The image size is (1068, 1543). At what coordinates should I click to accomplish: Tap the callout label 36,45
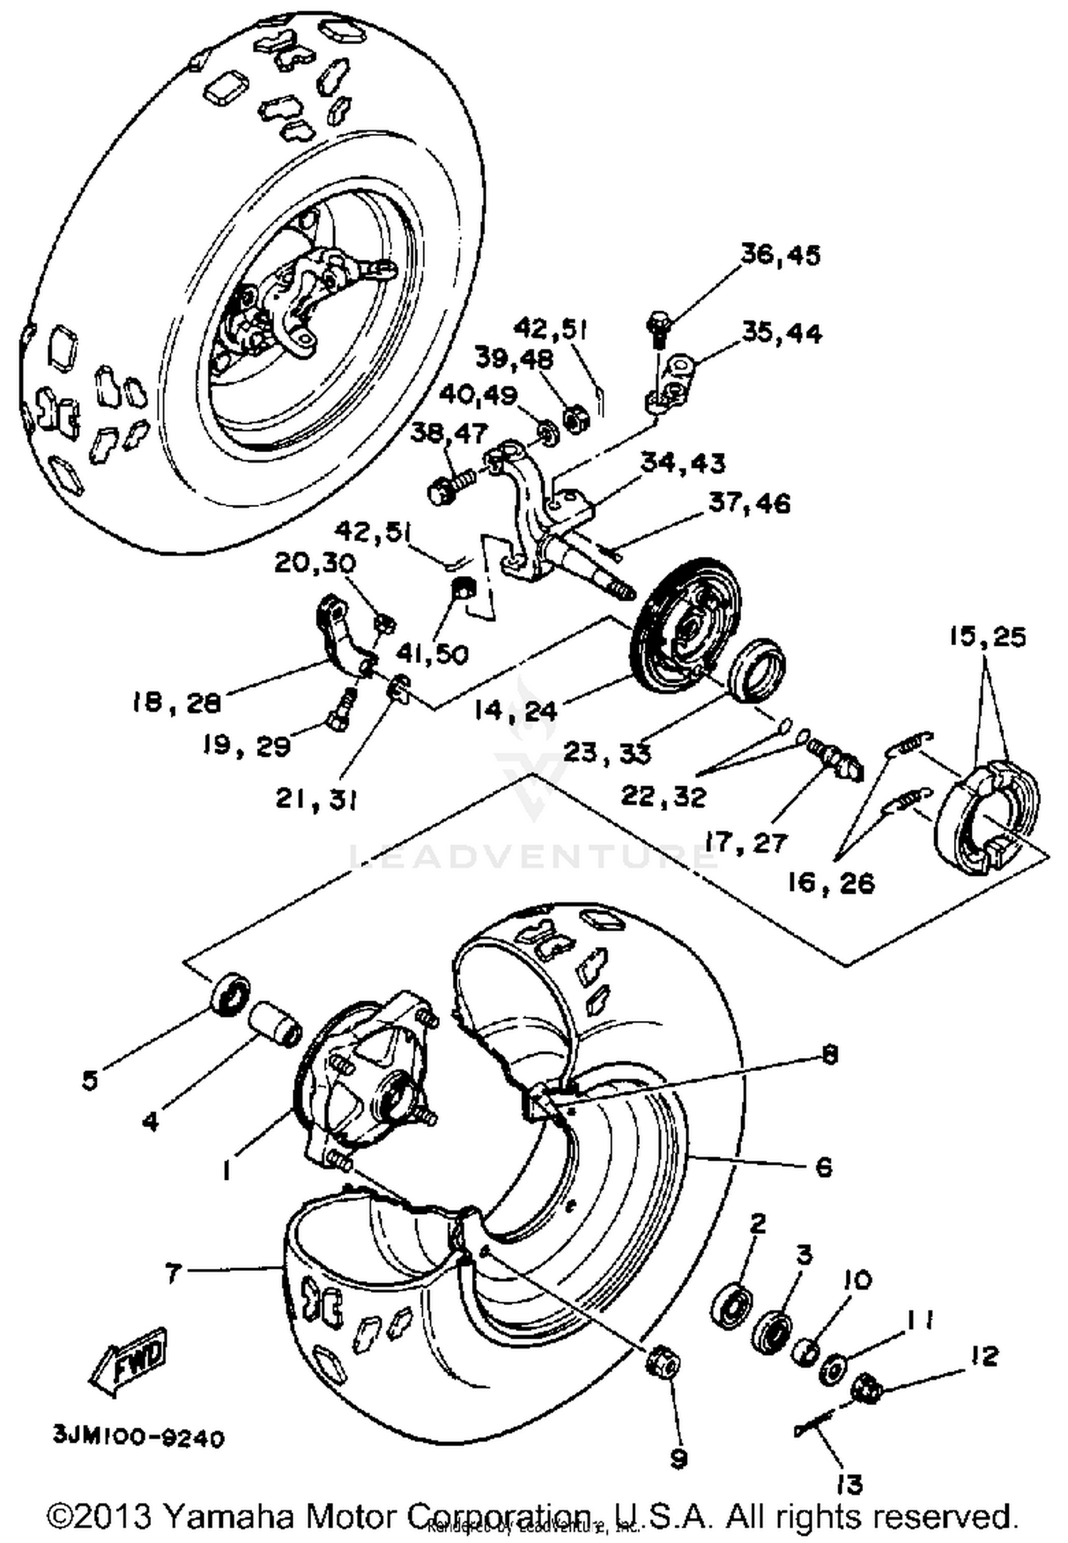click(780, 255)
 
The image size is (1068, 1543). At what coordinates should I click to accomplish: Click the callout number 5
click(89, 1080)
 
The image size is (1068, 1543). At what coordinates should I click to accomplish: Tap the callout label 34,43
click(683, 463)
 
